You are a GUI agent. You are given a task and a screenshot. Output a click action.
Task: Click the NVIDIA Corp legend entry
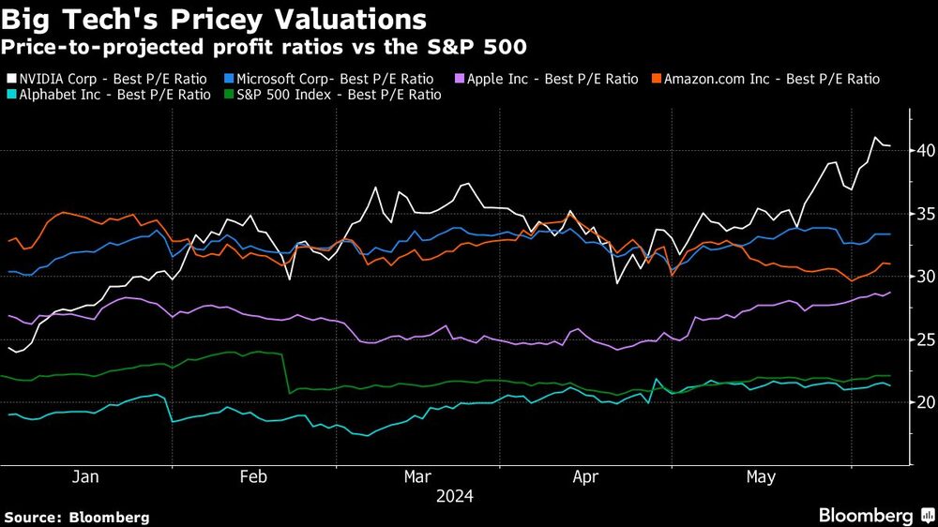coord(110,79)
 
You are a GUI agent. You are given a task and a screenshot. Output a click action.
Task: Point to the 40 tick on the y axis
coord(925,151)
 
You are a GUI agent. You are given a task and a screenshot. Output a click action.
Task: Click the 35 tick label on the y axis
coord(925,214)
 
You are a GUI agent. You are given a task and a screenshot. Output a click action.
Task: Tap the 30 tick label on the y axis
coord(925,277)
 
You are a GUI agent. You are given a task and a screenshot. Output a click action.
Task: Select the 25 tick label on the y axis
coord(925,339)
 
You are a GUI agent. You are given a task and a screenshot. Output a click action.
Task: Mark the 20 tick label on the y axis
coord(925,402)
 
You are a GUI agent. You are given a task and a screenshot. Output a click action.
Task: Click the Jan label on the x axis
coord(85,477)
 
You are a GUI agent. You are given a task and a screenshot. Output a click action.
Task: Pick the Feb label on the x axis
coord(254,477)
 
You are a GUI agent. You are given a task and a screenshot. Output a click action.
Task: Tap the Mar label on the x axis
coord(417,477)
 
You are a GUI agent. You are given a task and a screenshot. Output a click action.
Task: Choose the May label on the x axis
coord(761,477)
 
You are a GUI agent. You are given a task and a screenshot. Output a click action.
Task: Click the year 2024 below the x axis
coord(453,495)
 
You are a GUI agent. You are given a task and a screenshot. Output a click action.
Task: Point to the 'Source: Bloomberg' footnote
coord(76,517)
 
